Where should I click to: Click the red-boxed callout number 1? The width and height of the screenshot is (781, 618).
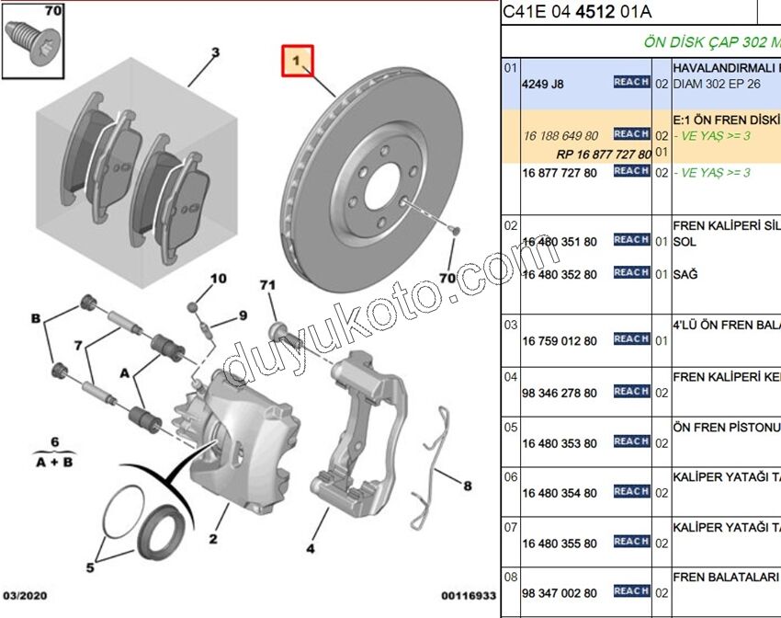pos(297,61)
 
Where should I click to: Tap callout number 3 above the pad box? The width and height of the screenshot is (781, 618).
pos(216,52)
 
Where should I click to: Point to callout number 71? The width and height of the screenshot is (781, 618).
pos(267,285)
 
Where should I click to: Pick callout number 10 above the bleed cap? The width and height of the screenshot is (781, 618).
pos(218,279)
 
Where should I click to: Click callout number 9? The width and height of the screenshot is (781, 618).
pos(243,315)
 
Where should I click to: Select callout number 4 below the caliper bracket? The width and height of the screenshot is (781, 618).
pos(311,548)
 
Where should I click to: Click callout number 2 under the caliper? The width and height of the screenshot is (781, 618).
pos(212,539)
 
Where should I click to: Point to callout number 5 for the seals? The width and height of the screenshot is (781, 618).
pos(90,567)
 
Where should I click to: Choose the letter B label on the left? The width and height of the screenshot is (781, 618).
pos(36,318)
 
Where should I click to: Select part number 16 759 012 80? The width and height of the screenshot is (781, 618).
pos(559,340)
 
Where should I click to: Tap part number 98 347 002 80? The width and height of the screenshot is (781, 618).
pos(559,593)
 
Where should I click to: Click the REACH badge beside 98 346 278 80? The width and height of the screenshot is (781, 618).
pos(631,392)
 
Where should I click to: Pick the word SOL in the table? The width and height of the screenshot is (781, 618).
pos(685,241)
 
